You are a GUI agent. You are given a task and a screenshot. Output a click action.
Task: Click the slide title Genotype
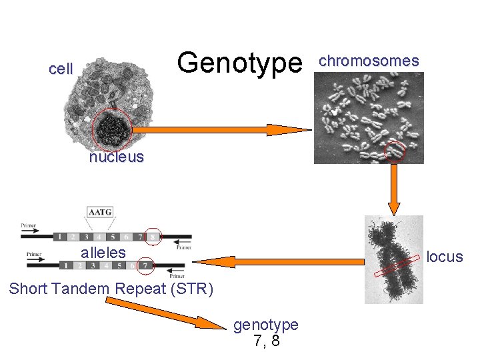pyautogui.click(x=239, y=63)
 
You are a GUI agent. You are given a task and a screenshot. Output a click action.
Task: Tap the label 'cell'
pyautogui.click(x=61, y=69)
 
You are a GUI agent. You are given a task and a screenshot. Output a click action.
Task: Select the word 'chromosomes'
pyautogui.click(x=369, y=61)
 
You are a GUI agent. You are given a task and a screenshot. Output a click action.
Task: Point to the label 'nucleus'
pyautogui.click(x=116, y=157)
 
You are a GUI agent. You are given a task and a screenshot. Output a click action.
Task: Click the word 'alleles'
pyautogui.click(x=103, y=253)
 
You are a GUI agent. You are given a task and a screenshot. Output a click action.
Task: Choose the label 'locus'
pyautogui.click(x=445, y=257)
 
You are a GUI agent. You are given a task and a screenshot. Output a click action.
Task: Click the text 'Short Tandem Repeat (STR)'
pyautogui.click(x=111, y=289)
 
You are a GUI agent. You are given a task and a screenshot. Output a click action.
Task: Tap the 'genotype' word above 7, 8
pyautogui.click(x=266, y=325)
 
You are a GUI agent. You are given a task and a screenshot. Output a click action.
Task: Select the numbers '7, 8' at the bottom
pyautogui.click(x=266, y=341)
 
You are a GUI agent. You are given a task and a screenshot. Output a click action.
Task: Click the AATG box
pyautogui.click(x=100, y=213)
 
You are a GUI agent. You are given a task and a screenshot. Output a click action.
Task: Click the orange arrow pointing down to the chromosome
pyautogui.click(x=395, y=190)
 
